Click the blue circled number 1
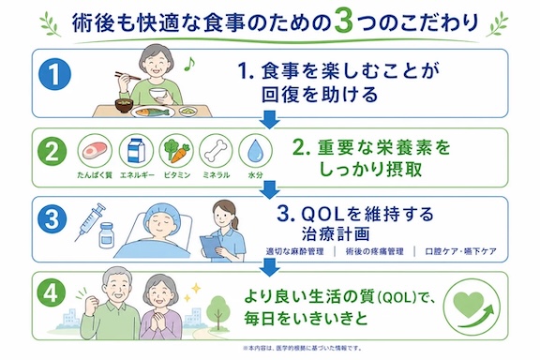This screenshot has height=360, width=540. (54, 75)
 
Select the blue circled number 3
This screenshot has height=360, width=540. (52, 219)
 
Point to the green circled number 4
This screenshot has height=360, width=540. (52, 293)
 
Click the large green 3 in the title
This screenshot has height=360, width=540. (343, 22)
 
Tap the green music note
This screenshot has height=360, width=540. (189, 64)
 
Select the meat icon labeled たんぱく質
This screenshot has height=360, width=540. (95, 151)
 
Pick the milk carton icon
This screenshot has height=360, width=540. (136, 151)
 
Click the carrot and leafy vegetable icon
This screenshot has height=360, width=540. (176, 151)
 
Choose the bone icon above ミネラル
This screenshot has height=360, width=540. (217, 151)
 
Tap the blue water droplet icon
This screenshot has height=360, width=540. (255, 151)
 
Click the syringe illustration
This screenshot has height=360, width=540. (90, 221)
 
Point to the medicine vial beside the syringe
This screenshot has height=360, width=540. (106, 235)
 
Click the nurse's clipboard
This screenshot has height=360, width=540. (211, 247)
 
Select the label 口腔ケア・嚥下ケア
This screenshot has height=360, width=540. (460, 251)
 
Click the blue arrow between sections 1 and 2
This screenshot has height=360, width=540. (269, 120)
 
